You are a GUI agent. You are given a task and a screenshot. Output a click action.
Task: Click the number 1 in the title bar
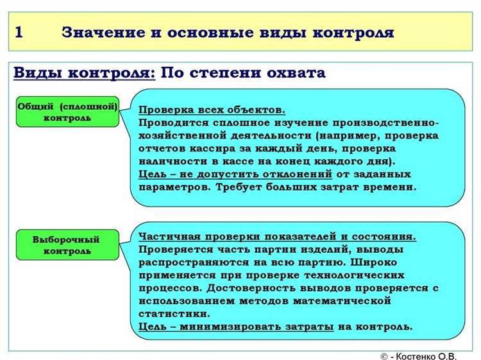point(20,33)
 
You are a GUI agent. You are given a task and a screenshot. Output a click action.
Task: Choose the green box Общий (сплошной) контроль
point(67,112)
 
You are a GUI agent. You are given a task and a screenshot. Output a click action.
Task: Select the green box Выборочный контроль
point(67,244)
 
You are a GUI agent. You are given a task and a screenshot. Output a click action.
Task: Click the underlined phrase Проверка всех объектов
point(212,110)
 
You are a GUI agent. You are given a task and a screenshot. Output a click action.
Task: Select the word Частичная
point(169,236)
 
